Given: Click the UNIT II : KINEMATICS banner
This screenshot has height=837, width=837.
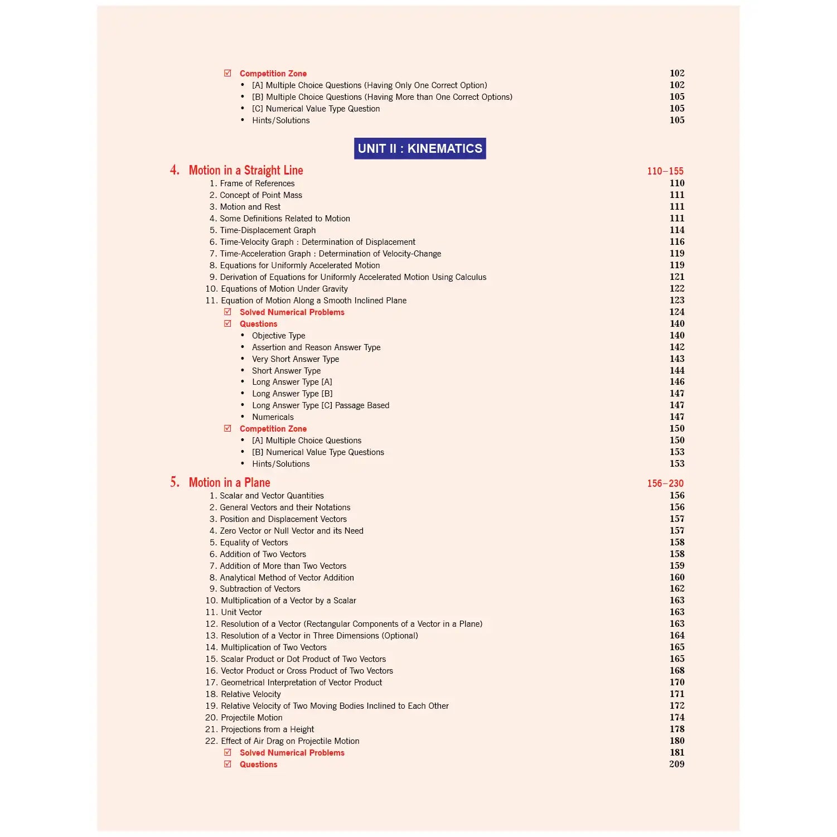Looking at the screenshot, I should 420,148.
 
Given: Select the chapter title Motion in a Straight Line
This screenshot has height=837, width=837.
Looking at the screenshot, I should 246,171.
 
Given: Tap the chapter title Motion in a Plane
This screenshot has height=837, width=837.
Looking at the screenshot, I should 229,483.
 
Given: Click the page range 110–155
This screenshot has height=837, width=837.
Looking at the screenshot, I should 665,171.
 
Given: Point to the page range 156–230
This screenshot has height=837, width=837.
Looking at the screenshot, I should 665,483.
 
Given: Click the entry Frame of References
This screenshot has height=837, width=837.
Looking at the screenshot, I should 257,183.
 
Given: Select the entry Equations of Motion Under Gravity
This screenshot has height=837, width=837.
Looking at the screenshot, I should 284,289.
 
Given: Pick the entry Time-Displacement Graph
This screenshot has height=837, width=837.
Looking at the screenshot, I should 267,230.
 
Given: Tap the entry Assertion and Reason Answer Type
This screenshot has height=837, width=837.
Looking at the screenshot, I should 316,347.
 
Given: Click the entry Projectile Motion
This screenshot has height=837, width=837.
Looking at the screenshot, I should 251,718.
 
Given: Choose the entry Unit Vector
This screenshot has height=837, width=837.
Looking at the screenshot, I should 241,612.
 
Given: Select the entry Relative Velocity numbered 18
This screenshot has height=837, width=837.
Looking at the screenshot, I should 250,694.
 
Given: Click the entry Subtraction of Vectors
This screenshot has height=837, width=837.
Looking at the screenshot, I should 260,589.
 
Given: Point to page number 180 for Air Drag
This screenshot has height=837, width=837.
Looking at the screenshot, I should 677,741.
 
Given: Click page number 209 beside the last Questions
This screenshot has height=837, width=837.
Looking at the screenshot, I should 677,765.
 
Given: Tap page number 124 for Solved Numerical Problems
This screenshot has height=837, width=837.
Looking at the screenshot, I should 677,312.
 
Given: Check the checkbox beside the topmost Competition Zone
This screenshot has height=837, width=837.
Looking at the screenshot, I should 228,73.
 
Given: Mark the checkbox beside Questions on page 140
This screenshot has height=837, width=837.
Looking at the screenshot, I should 228,323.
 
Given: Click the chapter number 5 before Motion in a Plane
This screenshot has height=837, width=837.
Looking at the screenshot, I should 175,482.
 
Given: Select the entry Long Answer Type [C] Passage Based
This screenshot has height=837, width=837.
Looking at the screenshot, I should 321,405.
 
